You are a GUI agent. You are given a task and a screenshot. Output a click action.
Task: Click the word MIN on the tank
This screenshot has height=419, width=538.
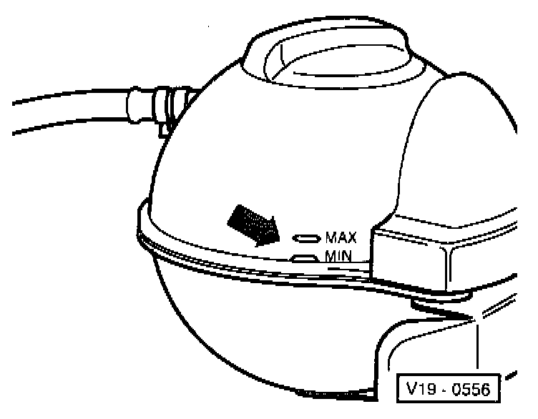point(337,255)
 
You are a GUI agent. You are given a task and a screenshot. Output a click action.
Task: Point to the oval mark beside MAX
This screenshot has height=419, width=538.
point(308,237)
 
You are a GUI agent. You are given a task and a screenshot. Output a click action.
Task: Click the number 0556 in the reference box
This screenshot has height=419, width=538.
point(469,389)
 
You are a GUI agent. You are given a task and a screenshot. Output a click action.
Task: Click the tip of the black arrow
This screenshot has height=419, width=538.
point(276,240)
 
